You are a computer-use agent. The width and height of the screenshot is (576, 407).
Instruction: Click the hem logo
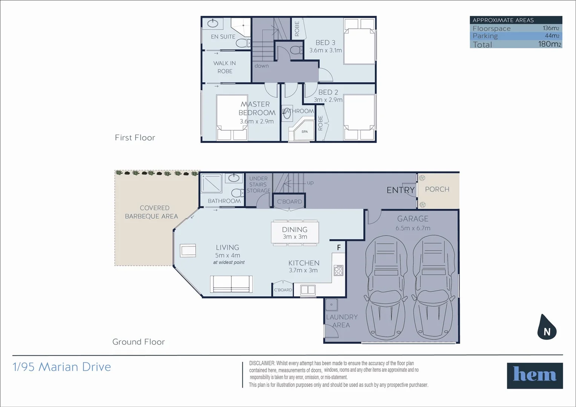pyautogui.click(x=535, y=375)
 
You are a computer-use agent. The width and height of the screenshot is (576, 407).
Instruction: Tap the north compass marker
pyautogui.click(x=547, y=327)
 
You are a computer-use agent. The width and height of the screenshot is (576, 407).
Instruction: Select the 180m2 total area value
pyautogui.click(x=550, y=44)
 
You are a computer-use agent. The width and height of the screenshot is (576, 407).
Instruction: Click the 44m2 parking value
pyautogui.click(x=552, y=36)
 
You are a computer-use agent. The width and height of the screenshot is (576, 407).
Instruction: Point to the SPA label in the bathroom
pyautogui.click(x=305, y=132)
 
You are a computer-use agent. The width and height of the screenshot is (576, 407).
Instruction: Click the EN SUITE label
pyautogui.click(x=223, y=37)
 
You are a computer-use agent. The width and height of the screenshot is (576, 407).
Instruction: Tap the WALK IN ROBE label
pyautogui.click(x=225, y=67)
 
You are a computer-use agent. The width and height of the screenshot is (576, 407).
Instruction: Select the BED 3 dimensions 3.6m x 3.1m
pyautogui.click(x=326, y=50)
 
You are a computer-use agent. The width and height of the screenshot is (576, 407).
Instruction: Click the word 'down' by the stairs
pyautogui.click(x=262, y=66)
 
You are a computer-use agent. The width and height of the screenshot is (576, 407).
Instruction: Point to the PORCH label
pyautogui.click(x=437, y=189)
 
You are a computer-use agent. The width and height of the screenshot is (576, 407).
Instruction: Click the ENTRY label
pyautogui.click(x=401, y=190)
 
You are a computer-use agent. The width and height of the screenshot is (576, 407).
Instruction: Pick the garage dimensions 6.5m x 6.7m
pyautogui.click(x=413, y=228)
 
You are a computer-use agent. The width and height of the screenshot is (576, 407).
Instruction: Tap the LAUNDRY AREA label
pyautogui.click(x=342, y=321)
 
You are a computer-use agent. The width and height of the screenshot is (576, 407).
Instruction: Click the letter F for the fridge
pyautogui.click(x=339, y=247)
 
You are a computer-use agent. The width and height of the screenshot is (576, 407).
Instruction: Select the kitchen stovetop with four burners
pyautogui.click(x=339, y=270)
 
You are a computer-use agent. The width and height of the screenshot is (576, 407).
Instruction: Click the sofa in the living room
pyautogui.click(x=231, y=284)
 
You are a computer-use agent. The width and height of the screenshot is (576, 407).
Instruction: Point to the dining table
pyautogui.click(x=295, y=233)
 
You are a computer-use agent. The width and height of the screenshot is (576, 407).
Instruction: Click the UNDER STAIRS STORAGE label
pyautogui.click(x=259, y=185)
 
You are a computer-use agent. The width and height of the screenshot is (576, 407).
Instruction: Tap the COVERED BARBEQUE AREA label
pyautogui.click(x=152, y=212)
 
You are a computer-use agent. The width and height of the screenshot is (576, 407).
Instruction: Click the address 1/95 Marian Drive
pyautogui.click(x=62, y=367)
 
